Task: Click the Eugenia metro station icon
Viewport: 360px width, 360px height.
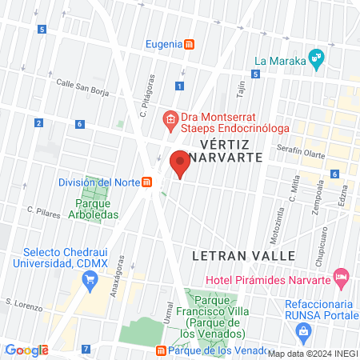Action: [x=188, y=45]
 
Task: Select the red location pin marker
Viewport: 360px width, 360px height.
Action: [x=180, y=164]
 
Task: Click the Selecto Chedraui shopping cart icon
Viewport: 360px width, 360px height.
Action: [x=90, y=279]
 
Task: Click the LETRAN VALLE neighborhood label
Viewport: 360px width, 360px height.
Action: [x=244, y=255]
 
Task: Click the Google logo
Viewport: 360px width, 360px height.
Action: [x=26, y=350]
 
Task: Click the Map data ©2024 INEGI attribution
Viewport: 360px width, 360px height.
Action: [x=312, y=353]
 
